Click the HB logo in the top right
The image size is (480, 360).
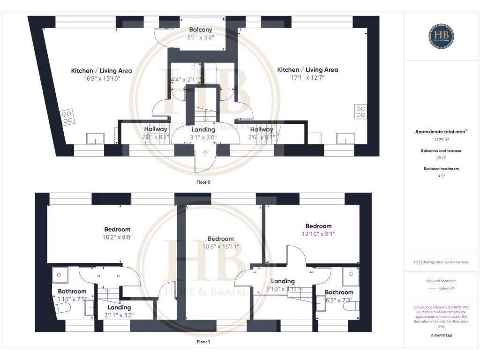pyautogui.click(x=442, y=36)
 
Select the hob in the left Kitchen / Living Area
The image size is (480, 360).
pyautogui.click(x=67, y=116)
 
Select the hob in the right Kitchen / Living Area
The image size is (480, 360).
pyautogui.click(x=360, y=112)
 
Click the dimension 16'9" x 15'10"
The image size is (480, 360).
pyautogui.click(x=101, y=79)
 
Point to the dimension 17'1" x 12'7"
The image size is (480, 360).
pyautogui.click(x=307, y=78)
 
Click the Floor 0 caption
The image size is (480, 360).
pyautogui.click(x=203, y=181)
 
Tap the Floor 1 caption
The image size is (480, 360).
pyautogui.click(x=203, y=342)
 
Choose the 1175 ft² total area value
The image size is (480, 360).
pyautogui.click(x=441, y=140)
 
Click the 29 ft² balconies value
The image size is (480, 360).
pyautogui.click(x=441, y=158)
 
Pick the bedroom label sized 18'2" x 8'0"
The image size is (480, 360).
pyautogui.click(x=117, y=229)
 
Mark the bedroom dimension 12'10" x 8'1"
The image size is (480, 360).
pyautogui.click(x=318, y=234)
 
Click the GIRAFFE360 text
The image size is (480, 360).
pyautogui.click(x=441, y=336)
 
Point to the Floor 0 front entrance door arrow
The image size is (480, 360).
pyautogui.click(x=205, y=152)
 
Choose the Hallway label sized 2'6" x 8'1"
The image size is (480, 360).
pyautogui.click(x=261, y=129)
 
